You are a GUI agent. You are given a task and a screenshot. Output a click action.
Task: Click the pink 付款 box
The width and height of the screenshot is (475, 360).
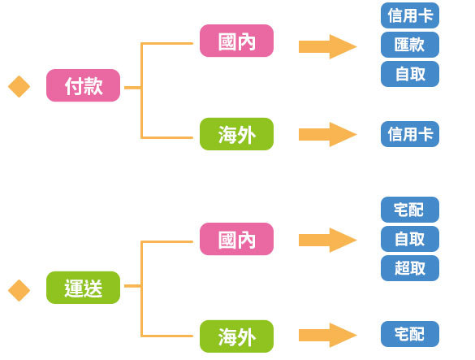(83, 85)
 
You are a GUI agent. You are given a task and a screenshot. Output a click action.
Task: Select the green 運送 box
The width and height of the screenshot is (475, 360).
(83, 287)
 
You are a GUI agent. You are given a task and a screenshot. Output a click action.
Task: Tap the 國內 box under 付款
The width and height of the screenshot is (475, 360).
(236, 41)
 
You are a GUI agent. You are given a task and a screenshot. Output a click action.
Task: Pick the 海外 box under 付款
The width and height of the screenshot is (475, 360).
(236, 134)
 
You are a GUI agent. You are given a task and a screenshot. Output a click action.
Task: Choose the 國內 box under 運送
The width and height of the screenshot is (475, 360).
(236, 239)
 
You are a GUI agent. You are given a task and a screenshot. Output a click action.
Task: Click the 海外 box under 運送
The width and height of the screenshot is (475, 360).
(236, 336)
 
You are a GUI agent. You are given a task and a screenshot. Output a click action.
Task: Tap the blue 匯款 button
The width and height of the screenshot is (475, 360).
(410, 45)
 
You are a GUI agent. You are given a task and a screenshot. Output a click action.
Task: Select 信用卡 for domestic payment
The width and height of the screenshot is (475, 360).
(410, 15)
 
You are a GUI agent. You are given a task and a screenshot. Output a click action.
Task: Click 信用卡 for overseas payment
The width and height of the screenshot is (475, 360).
(410, 134)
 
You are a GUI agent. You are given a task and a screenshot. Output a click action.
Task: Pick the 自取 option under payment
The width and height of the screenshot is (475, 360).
(410, 74)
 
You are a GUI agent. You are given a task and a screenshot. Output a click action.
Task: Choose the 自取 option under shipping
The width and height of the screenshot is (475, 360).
(410, 239)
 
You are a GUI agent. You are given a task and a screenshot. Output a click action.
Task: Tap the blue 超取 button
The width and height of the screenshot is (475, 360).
(410, 268)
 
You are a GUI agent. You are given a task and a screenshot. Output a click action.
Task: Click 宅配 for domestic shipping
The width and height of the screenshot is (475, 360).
(410, 210)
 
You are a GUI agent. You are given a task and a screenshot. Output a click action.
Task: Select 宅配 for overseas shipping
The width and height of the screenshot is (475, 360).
(410, 334)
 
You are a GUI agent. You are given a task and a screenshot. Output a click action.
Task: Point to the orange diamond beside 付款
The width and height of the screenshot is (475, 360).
(19, 86)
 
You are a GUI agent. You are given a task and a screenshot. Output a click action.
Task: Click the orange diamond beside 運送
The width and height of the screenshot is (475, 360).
(19, 290)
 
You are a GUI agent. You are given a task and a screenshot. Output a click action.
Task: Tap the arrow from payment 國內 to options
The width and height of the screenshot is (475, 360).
(328, 46)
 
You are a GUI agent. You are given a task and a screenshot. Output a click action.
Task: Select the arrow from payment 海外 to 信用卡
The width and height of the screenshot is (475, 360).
(328, 134)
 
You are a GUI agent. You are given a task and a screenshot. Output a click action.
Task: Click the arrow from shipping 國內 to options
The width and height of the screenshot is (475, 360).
(328, 241)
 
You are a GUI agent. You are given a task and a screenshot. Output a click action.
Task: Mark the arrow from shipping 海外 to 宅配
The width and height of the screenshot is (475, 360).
(328, 335)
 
